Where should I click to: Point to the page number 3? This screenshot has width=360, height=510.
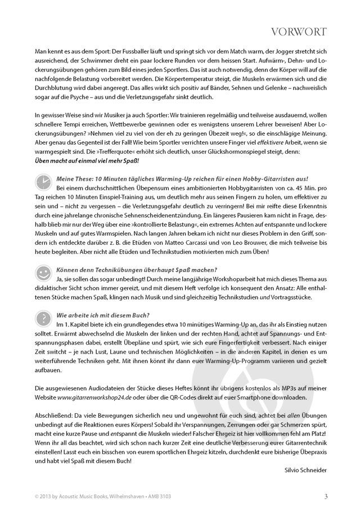click(x=326, y=496)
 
